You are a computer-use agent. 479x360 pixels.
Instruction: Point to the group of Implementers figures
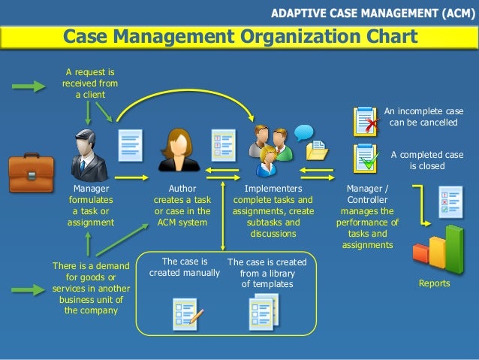click(x=267, y=147)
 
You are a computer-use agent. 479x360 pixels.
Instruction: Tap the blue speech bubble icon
click(x=303, y=132)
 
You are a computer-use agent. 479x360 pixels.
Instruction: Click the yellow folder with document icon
click(x=317, y=150)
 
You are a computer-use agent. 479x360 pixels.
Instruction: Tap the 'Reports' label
click(x=434, y=283)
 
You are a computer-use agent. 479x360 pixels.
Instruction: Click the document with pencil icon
click(x=185, y=314)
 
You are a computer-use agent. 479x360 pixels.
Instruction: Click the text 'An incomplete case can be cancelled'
click(x=424, y=116)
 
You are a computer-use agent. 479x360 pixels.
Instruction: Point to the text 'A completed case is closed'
click(x=426, y=160)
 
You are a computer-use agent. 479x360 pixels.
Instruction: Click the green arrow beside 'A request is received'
click(x=29, y=87)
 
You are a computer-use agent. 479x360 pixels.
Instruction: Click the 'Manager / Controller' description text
click(x=367, y=216)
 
